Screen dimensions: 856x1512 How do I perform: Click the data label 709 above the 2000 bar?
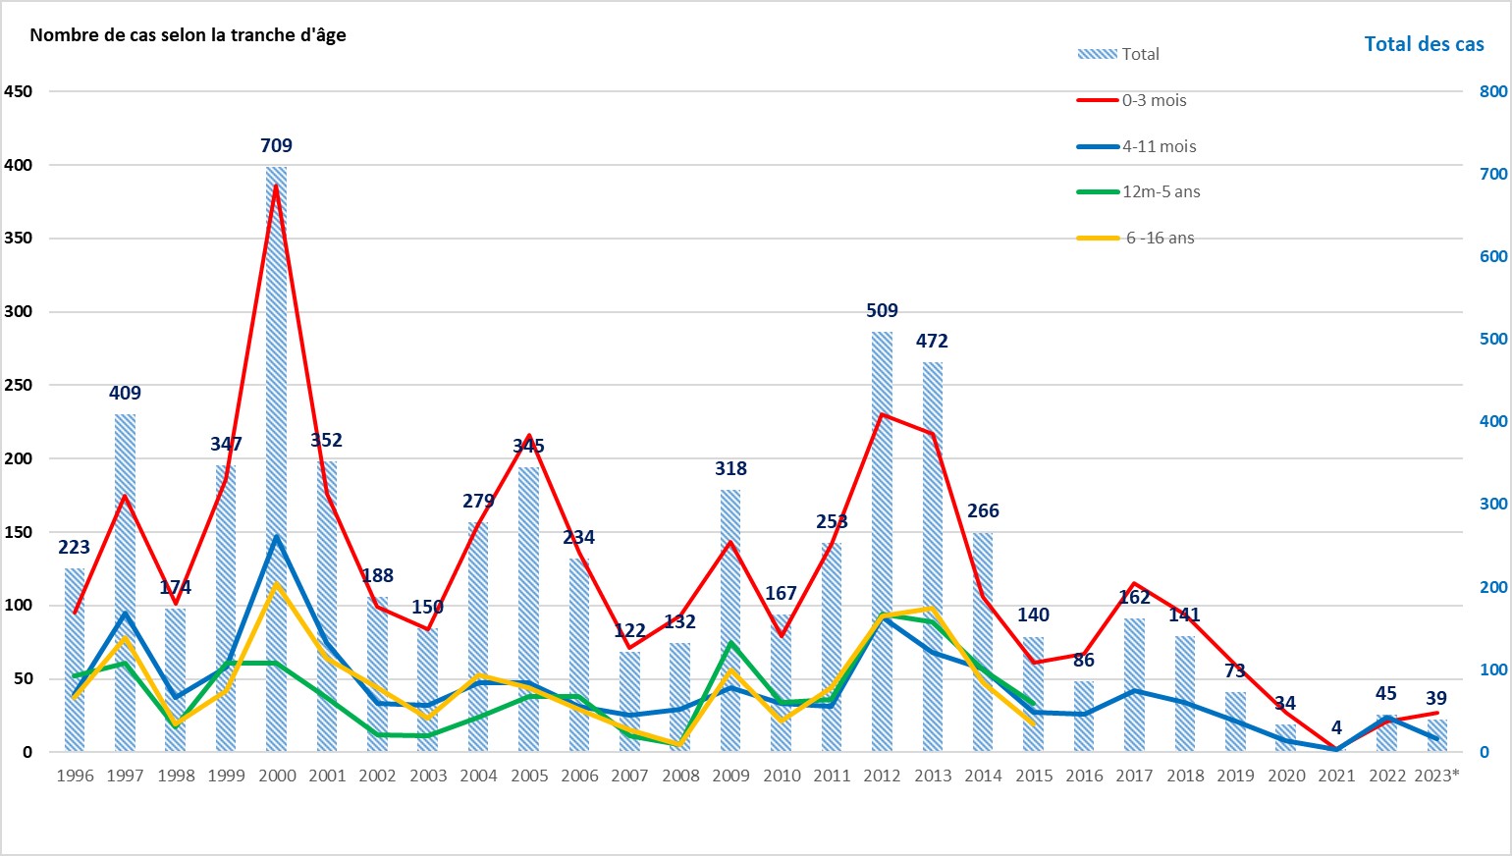pos(276,145)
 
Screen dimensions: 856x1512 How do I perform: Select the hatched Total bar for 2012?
pos(882,540)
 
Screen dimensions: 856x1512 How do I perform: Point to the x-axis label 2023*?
pos(1436,776)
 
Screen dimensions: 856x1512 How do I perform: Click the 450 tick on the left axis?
pos(19,91)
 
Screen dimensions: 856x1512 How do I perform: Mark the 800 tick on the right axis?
pos(1492,91)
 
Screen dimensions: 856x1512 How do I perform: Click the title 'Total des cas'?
pos(1424,44)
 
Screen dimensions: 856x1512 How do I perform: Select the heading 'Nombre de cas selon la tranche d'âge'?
pos(188,35)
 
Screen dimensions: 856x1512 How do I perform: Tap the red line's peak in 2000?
pos(277,185)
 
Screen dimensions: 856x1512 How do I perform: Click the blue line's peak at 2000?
pos(277,537)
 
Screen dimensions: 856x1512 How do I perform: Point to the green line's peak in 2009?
pos(730,643)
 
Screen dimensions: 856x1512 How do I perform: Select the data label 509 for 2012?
pos(882,310)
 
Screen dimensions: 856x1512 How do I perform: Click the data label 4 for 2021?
pos(1336,727)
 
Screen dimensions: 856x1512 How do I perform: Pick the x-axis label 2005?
pos(529,776)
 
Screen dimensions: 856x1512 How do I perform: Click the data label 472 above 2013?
pos(932,341)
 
